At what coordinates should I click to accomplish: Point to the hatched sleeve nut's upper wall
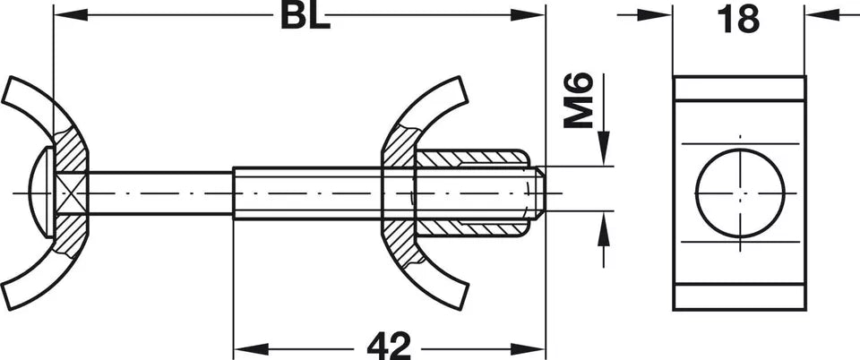click(470, 159)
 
